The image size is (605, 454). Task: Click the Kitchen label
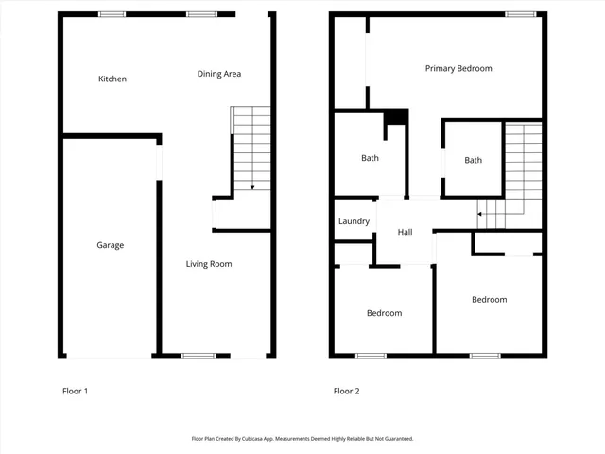(x=112, y=79)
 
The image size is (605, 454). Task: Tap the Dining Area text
(x=218, y=74)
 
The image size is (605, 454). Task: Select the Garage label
(x=110, y=245)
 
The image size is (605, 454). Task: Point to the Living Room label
(x=208, y=264)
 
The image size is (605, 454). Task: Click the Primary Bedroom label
(x=458, y=68)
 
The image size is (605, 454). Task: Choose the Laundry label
(x=354, y=221)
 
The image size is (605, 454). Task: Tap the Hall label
(x=405, y=232)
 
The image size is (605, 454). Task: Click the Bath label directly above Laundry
(x=370, y=158)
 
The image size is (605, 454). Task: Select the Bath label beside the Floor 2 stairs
(x=473, y=160)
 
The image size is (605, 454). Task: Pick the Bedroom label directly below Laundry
(x=384, y=313)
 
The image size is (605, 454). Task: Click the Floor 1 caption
(x=75, y=391)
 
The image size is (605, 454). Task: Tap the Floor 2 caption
(x=346, y=391)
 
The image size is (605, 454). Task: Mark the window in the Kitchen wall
(x=112, y=14)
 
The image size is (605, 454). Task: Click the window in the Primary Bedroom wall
(x=517, y=14)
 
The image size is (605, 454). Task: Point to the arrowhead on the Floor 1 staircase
(x=252, y=187)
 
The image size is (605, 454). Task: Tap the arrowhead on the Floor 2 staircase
(x=479, y=214)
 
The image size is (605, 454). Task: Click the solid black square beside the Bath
(x=395, y=117)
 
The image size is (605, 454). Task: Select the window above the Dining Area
(x=199, y=14)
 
